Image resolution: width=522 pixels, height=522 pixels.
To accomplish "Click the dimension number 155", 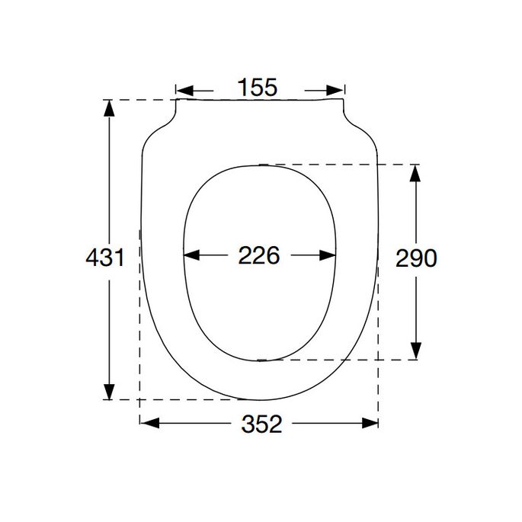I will click(257, 88).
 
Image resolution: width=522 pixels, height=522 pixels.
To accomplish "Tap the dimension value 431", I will click(104, 258).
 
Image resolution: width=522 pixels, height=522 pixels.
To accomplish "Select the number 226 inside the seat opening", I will click(259, 255).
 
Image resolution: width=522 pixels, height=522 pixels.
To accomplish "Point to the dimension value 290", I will click(416, 259).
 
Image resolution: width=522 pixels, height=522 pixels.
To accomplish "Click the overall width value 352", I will click(261, 424).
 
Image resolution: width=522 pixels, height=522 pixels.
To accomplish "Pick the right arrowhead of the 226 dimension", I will click(328, 255).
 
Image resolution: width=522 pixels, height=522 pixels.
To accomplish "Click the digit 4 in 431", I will click(91, 258).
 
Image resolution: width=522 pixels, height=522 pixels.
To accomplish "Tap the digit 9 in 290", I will click(416, 259).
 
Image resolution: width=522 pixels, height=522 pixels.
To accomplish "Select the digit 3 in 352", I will click(248, 424).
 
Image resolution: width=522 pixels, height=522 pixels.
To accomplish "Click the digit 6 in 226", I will click(273, 255).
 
